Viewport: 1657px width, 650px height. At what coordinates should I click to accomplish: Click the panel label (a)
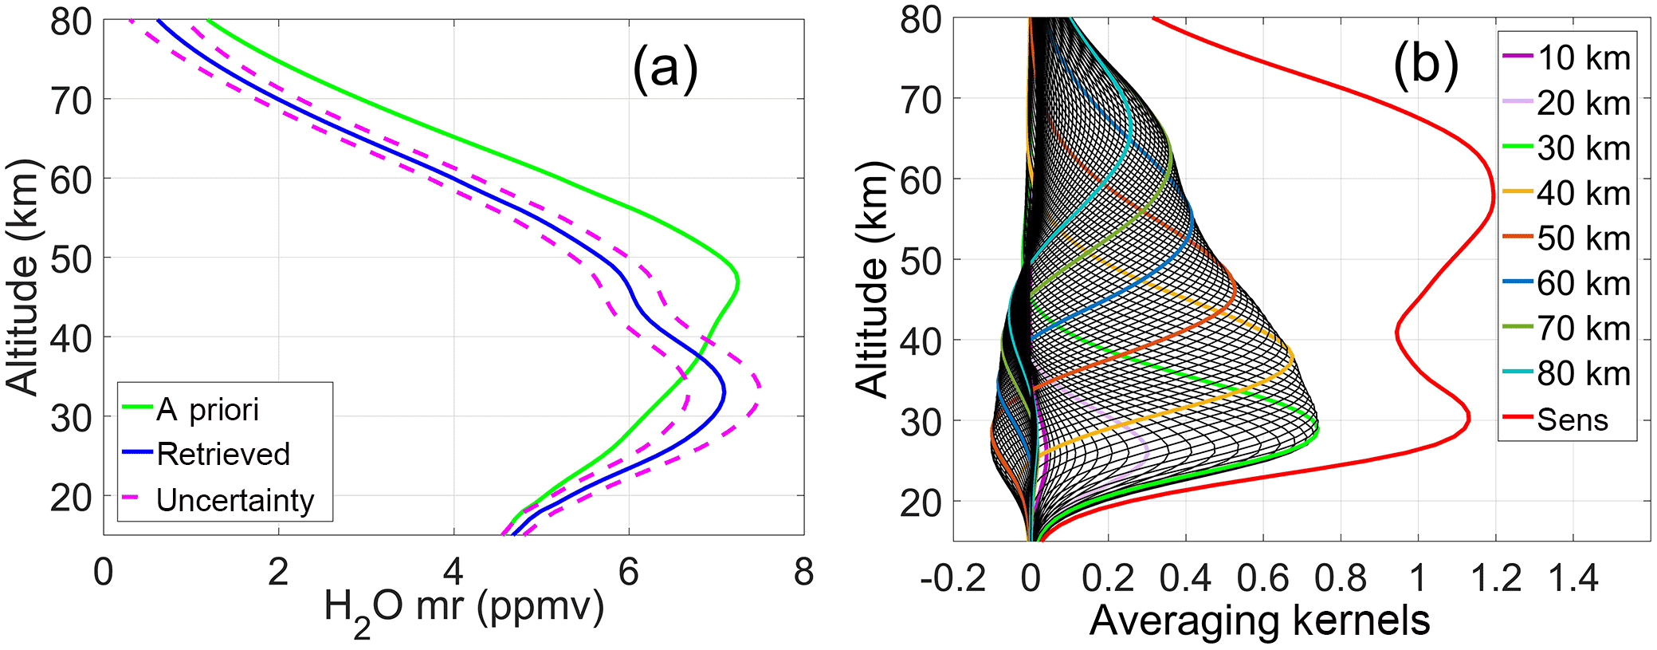pos(665,67)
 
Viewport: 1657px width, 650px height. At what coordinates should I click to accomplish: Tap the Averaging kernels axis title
pos(1259,620)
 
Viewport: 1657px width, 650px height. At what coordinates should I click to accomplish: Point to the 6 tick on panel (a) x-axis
pos(628,573)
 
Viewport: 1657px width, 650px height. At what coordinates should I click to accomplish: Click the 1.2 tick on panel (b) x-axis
pos(1495,578)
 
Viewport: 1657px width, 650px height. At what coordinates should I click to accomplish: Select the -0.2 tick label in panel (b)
pos(953,578)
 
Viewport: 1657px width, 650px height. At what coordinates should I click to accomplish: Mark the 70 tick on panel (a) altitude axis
pos(72,100)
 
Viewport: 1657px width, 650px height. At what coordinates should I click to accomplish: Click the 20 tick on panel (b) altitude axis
pos(921,502)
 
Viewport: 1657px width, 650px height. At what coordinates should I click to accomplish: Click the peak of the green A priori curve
pos(738,282)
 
